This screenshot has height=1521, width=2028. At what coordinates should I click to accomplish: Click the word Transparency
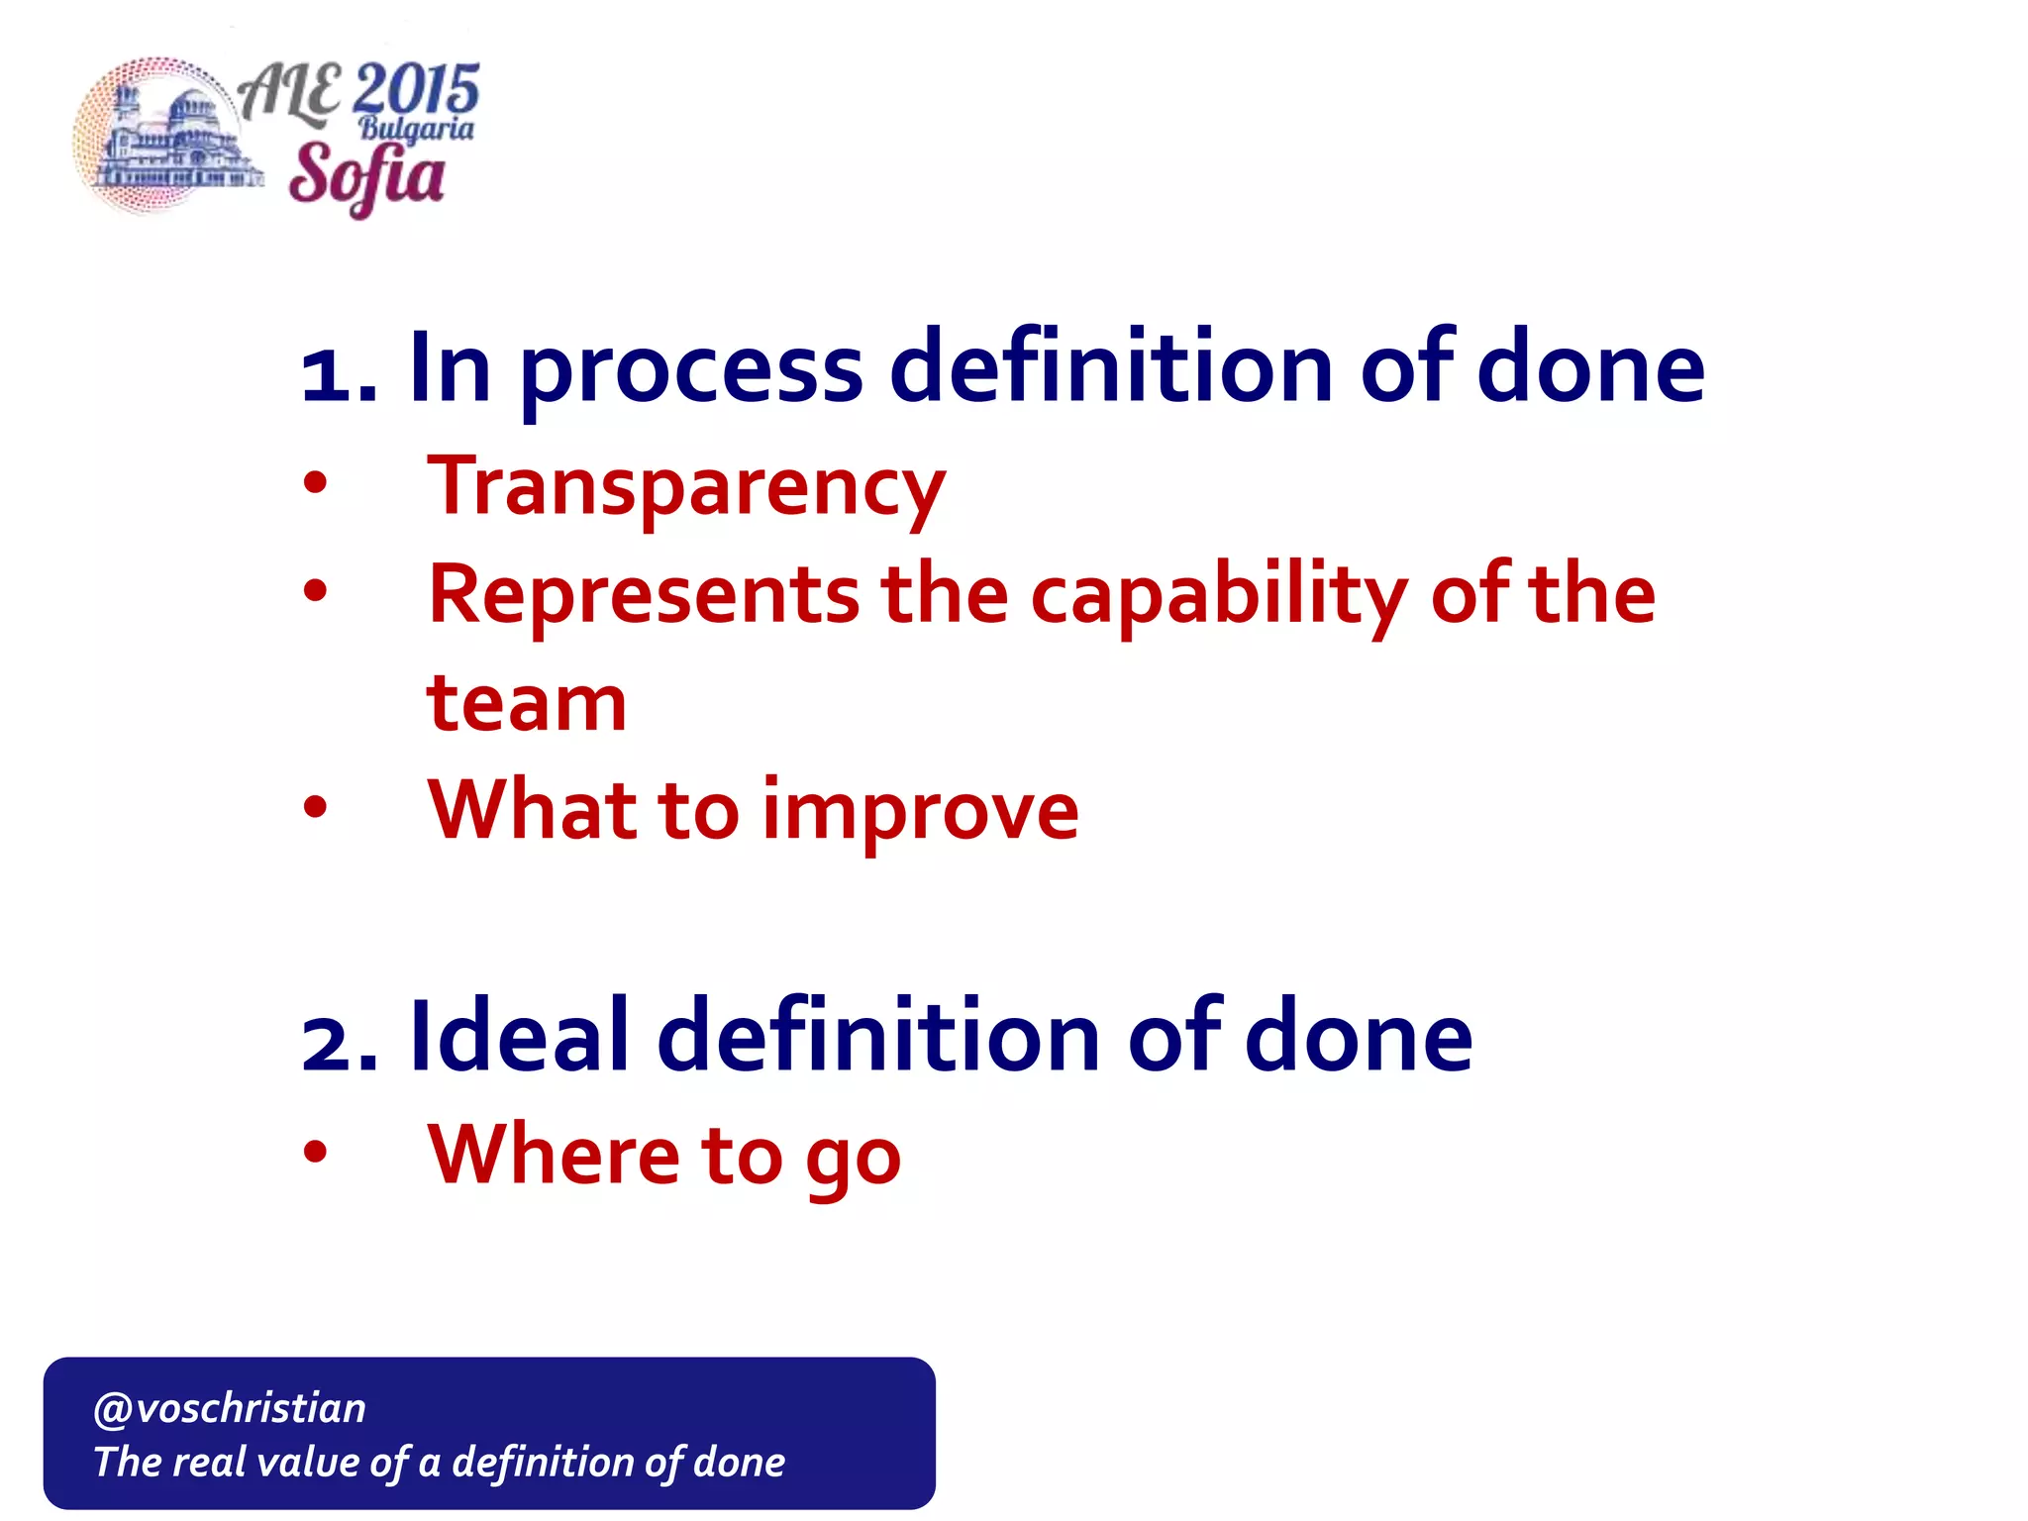coord(685,487)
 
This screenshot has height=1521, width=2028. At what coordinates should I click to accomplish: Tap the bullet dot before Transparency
coord(315,483)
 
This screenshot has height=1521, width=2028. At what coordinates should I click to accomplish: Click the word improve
coord(920,812)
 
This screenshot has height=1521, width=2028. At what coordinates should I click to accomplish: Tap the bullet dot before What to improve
coord(315,807)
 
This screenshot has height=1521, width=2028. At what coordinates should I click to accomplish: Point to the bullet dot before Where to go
coord(315,1152)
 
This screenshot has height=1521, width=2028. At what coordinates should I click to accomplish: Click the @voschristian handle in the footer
coord(230,1408)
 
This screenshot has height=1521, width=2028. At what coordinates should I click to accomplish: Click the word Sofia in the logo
coord(366,176)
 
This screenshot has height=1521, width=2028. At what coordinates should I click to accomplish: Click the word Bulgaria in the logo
coord(416,129)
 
